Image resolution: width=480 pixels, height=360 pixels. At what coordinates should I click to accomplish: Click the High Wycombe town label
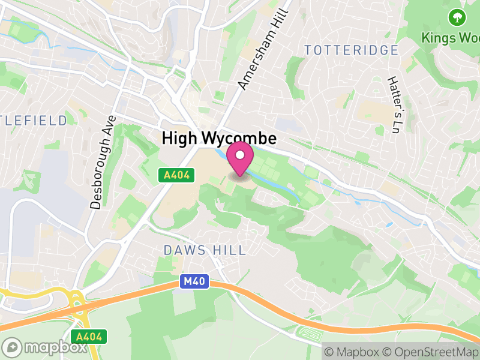219,139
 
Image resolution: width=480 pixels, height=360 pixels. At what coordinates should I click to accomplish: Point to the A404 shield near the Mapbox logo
89,337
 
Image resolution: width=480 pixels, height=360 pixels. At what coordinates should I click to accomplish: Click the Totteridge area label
351,50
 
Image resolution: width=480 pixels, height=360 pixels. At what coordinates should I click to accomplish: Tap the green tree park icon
457,17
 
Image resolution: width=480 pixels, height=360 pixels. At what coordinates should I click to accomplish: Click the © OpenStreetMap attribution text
430,352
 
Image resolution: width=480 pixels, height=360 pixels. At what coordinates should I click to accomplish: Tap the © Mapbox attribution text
352,352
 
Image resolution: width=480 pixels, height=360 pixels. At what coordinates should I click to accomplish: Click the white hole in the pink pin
241,155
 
